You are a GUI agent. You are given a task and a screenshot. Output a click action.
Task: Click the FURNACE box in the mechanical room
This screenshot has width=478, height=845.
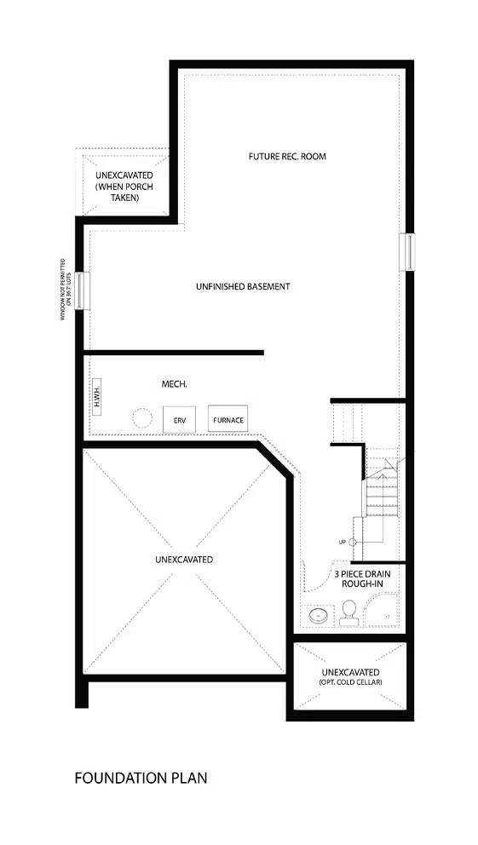click(227, 420)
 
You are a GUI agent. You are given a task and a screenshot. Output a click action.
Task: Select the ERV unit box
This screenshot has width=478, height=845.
click(179, 420)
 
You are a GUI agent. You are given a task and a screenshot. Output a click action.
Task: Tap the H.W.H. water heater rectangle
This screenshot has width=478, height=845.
click(96, 397)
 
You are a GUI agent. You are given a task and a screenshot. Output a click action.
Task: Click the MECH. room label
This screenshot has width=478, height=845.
click(175, 385)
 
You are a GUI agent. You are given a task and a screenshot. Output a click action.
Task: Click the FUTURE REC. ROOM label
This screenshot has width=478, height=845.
click(287, 157)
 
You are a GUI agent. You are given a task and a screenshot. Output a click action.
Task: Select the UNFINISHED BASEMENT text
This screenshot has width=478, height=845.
click(243, 287)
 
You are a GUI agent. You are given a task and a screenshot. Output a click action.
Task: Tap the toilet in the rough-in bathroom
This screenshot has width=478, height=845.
click(348, 612)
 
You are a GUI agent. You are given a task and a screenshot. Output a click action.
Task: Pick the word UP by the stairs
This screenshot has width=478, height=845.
click(342, 543)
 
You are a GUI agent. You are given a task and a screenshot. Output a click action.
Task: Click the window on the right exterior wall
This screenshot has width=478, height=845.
click(408, 252)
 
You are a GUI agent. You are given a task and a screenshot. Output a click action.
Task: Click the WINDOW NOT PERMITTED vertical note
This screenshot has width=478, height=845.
click(65, 290)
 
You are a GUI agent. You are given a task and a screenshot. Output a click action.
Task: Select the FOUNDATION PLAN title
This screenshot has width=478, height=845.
click(141, 778)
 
